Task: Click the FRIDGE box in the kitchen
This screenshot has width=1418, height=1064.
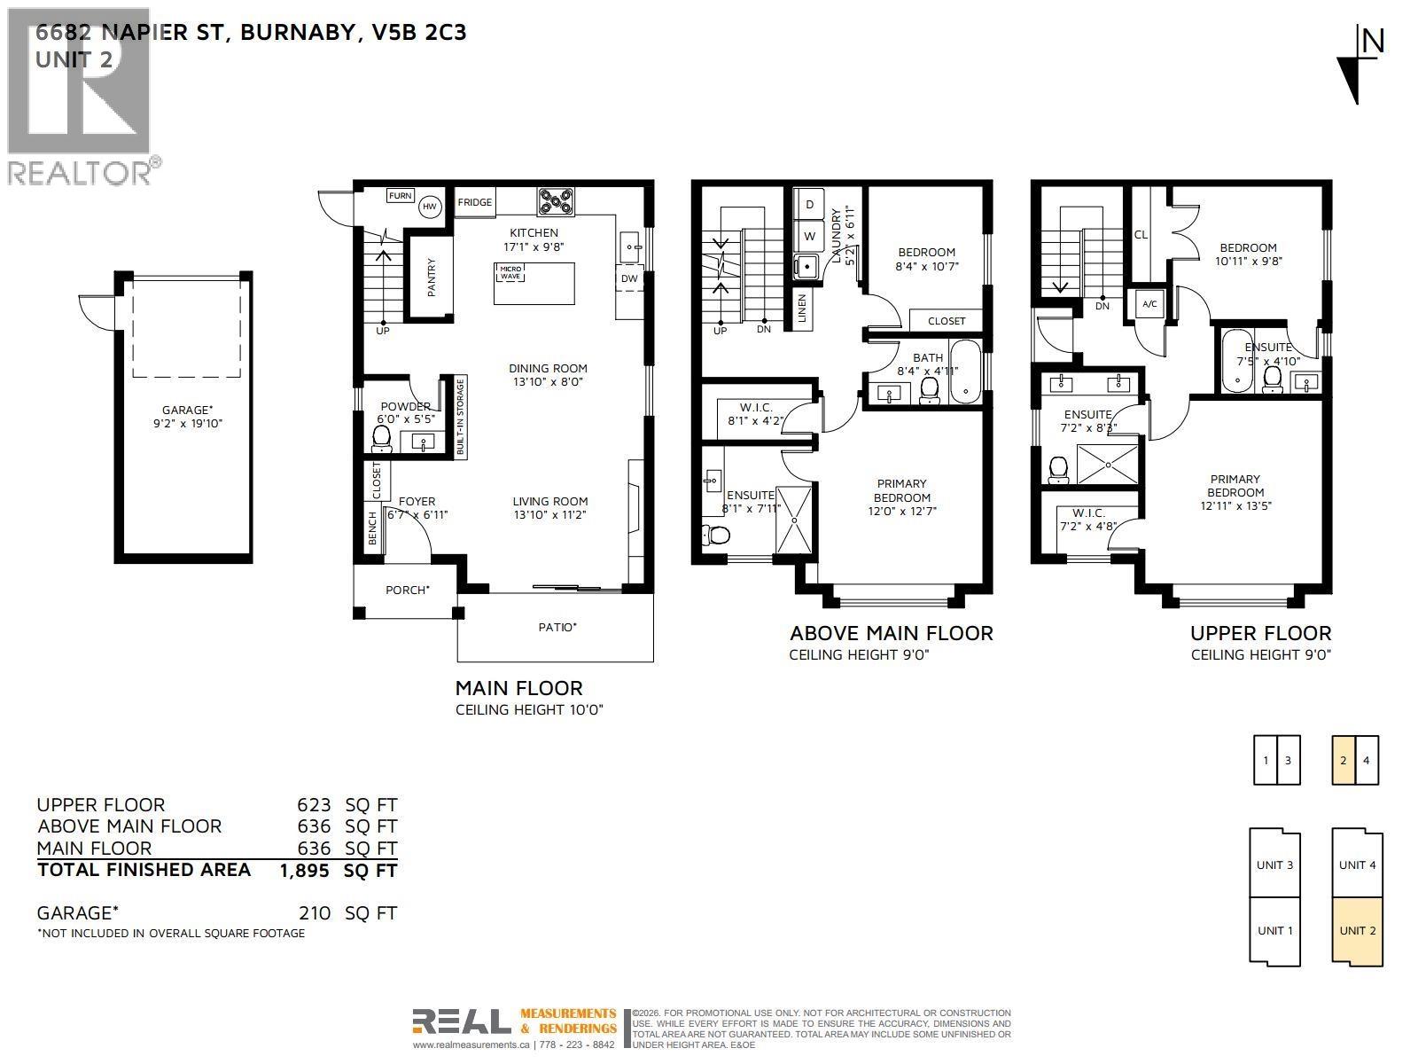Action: click(474, 202)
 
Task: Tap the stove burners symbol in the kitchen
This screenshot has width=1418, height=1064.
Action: click(556, 202)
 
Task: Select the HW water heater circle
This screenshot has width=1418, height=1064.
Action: click(430, 207)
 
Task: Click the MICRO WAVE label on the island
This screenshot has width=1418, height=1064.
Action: click(511, 272)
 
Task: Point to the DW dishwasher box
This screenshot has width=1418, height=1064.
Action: click(629, 278)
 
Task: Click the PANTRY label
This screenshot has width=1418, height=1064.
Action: click(432, 277)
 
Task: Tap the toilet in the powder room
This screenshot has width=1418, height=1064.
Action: click(382, 437)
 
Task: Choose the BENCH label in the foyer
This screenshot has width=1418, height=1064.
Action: click(372, 528)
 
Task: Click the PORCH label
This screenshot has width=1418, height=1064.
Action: click(407, 590)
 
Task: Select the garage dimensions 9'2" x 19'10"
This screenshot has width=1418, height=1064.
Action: click(187, 423)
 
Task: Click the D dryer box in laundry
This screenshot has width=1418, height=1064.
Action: click(809, 204)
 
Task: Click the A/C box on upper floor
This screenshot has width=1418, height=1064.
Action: click(1149, 304)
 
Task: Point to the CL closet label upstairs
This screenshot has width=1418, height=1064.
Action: click(1141, 235)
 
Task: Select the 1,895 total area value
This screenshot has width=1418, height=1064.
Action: click(304, 871)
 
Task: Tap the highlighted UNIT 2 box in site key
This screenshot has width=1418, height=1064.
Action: click(1357, 931)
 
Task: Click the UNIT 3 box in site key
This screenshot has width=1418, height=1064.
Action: click(1274, 864)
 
